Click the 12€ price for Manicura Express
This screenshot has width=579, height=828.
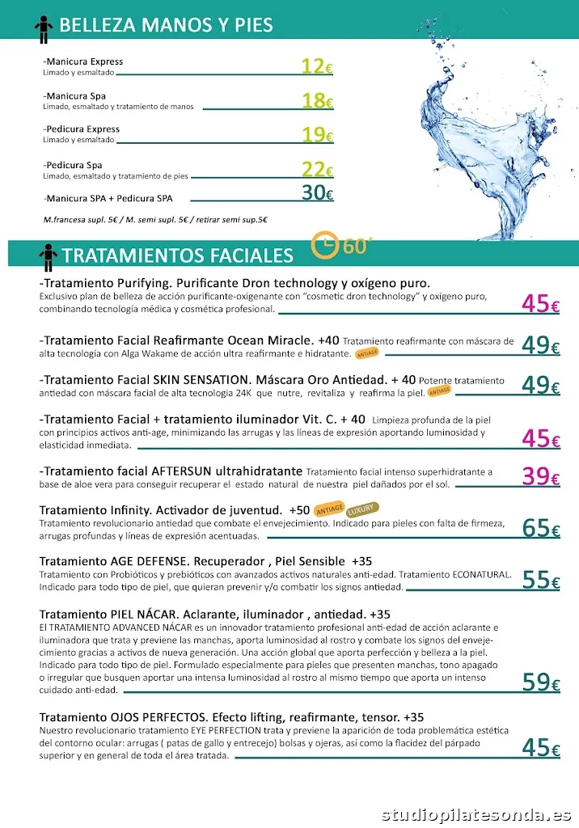(316, 66)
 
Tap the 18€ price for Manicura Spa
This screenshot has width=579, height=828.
(316, 100)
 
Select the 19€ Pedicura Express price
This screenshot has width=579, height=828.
(316, 134)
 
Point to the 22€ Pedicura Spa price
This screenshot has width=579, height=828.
(316, 170)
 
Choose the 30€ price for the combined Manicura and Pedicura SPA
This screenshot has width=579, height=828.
(316, 192)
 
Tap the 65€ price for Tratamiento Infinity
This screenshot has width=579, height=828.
(540, 529)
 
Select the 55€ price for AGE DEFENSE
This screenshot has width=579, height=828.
(540, 580)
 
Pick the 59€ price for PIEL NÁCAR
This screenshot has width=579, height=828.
(540, 682)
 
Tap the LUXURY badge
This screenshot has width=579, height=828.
(361, 510)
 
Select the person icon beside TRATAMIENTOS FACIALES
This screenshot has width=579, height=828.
(48, 256)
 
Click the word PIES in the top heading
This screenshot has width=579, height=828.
(252, 26)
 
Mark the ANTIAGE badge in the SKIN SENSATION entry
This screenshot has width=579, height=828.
(439, 391)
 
